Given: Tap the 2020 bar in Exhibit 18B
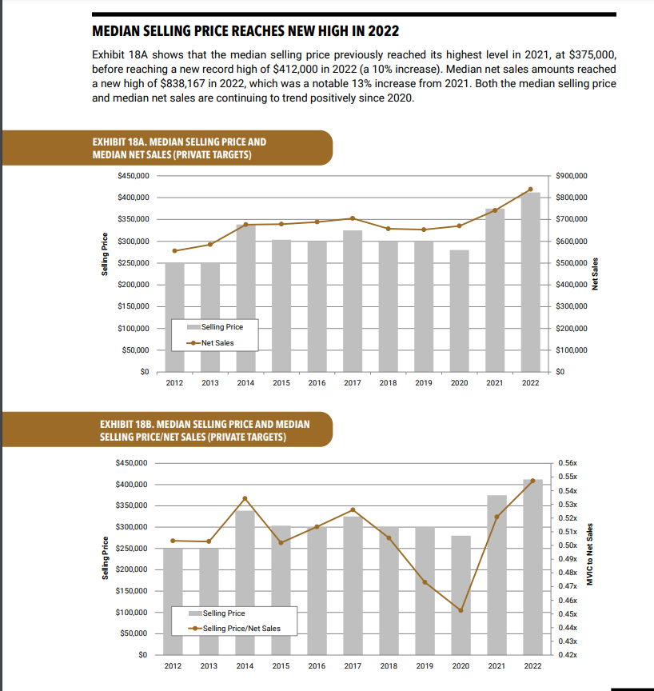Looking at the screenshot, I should tap(461, 595).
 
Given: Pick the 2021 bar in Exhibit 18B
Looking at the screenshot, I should tap(496, 575).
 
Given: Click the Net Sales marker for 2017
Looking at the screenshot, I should tap(353, 218).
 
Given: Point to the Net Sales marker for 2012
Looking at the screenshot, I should tap(174, 251).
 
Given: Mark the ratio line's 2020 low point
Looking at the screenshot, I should tap(461, 610).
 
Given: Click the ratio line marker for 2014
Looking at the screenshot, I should tap(245, 498).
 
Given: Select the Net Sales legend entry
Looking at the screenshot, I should tap(212, 343).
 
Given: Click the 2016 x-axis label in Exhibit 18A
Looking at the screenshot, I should tap(317, 383).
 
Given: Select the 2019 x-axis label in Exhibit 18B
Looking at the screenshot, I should tap(424, 665).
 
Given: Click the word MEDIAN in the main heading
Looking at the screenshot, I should tap(118, 33).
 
